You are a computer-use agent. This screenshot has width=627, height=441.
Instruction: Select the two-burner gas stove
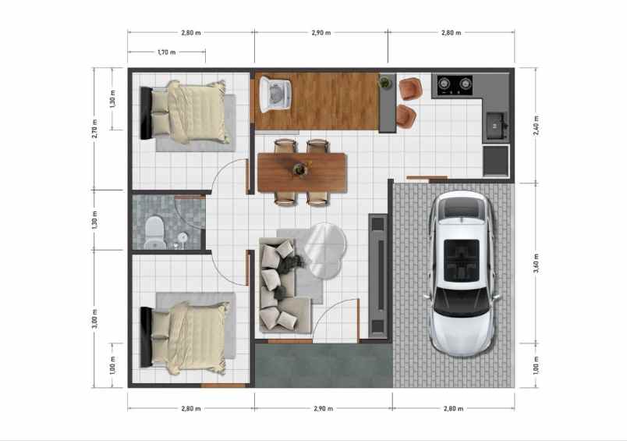click(x=455, y=84)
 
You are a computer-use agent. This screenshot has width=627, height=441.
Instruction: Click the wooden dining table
click(x=302, y=171)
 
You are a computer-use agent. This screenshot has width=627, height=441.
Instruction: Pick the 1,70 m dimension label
click(x=167, y=52)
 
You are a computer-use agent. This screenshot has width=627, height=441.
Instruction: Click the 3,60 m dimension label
click(x=536, y=263)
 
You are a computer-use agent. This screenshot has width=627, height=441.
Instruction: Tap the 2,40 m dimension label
click(x=536, y=126)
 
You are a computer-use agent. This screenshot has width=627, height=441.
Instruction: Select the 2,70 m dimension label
click(x=94, y=128)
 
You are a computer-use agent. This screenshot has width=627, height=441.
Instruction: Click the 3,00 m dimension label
click(x=94, y=319)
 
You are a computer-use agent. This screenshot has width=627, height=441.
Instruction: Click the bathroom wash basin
click(x=182, y=237)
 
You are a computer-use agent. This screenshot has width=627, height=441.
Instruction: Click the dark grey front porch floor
click(x=323, y=367)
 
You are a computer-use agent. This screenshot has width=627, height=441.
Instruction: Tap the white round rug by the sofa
click(x=324, y=250)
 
